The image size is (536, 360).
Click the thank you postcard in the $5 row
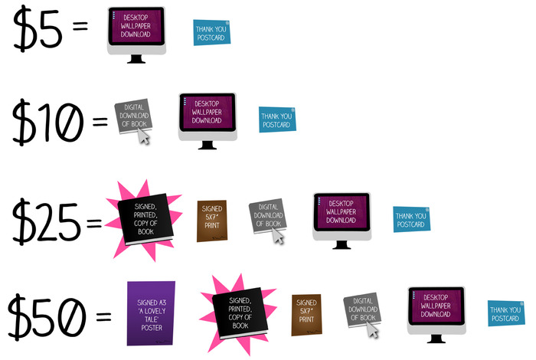pyautogui.click(x=211, y=32)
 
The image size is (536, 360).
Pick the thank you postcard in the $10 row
pyautogui.click(x=277, y=119)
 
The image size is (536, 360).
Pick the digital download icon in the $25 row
pyautogui.click(x=267, y=218)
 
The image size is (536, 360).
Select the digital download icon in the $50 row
pyautogui.click(x=361, y=312)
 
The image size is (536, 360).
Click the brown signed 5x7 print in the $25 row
pyautogui.click(x=211, y=220)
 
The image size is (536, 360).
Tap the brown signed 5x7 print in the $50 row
pyautogui.click(x=306, y=314)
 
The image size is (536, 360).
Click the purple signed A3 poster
pyautogui.click(x=151, y=312)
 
